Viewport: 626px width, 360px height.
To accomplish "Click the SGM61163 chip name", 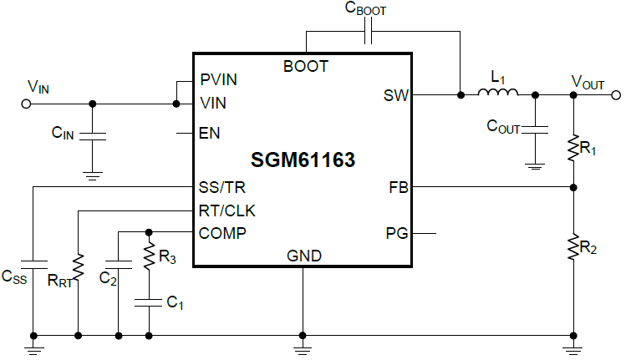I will tap(303, 159).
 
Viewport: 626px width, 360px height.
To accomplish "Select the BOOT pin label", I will tap(306, 66).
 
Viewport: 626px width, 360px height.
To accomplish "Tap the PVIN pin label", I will tap(219, 79).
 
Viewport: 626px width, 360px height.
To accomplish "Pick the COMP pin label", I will tap(222, 232).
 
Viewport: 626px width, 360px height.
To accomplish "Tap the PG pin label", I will tap(397, 233).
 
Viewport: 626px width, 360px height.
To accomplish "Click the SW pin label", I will tap(396, 95).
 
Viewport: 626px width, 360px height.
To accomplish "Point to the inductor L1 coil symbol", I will tap(498, 93).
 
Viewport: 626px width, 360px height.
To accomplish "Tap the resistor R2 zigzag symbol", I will tap(574, 248).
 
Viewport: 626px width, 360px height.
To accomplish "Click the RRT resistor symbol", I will tap(78, 267).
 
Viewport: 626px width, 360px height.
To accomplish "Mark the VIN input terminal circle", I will tap(26, 104).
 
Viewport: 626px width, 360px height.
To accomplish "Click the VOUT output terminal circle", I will tap(616, 95).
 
